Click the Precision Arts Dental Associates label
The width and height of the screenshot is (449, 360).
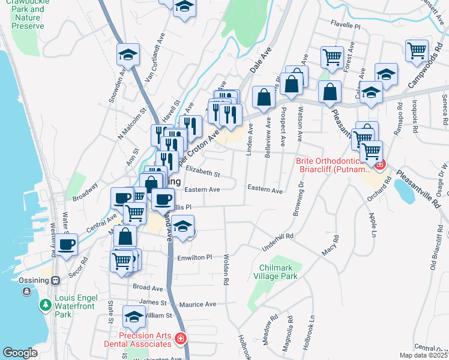click(x=136, y=340)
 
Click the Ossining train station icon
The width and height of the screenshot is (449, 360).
click(x=55, y=280)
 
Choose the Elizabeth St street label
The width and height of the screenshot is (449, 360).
click(x=203, y=175)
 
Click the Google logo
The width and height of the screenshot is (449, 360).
click(x=20, y=352)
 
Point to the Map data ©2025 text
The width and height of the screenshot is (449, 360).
click(x=423, y=355)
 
